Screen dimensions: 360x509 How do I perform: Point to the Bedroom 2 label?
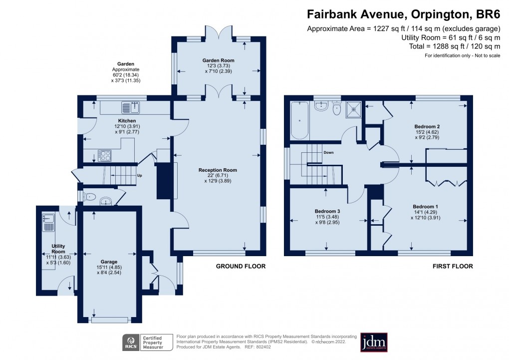[x=427, y=127]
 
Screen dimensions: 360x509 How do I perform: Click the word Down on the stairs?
[x=328, y=152]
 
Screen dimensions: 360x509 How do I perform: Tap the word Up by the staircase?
[x=140, y=176]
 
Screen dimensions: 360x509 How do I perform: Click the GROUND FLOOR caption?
[x=240, y=266]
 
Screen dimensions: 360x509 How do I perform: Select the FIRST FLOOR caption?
[x=453, y=266]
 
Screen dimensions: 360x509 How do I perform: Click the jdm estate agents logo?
[x=374, y=342]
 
